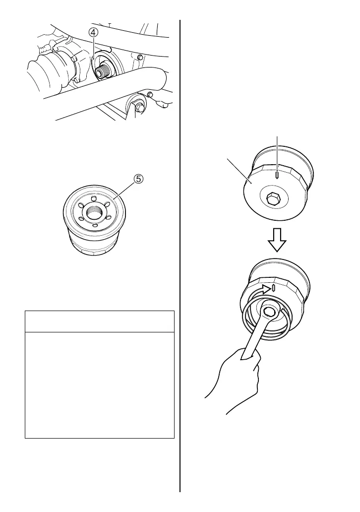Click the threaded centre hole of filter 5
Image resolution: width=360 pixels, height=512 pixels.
coord(95,214)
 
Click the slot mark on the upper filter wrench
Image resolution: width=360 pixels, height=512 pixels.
coord(277,174)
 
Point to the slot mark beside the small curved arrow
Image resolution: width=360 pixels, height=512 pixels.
coord(274,288)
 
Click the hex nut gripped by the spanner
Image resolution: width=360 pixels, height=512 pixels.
coord(269,311)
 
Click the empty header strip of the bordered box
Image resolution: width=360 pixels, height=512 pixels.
coord(100,321)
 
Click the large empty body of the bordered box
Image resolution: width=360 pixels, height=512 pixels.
coord(100,385)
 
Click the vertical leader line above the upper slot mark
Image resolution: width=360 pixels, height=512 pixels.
coord(277,151)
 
